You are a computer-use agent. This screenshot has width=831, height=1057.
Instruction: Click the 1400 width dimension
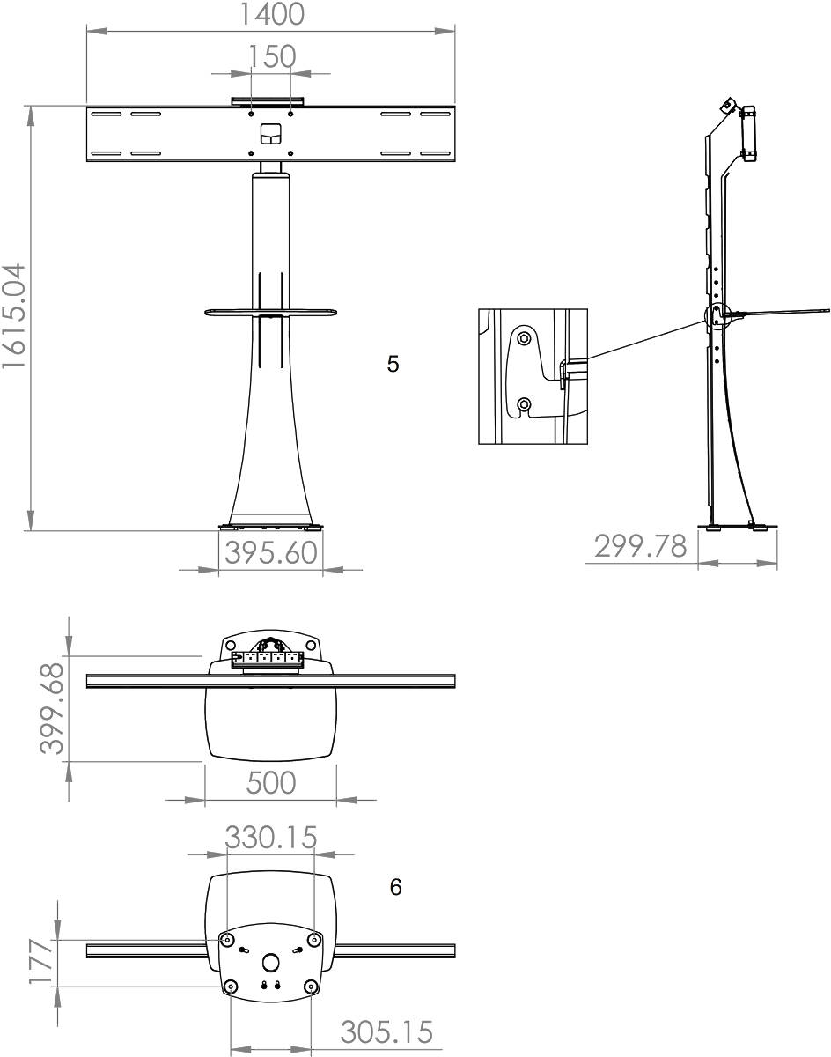pos(271,14)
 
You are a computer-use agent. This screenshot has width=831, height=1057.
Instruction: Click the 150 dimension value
pos(272,56)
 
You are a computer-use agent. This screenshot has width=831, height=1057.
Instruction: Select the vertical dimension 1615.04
pos(14,316)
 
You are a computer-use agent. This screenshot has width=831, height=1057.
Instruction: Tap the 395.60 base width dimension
pos(271,553)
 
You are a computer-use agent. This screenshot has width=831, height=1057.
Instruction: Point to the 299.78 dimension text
pos(640,546)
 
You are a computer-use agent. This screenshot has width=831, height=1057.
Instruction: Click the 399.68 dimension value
pos(52,709)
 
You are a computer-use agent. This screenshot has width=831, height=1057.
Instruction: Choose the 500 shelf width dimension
pos(271,782)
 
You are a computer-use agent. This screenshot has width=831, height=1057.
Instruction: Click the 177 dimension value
pos(41,961)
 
